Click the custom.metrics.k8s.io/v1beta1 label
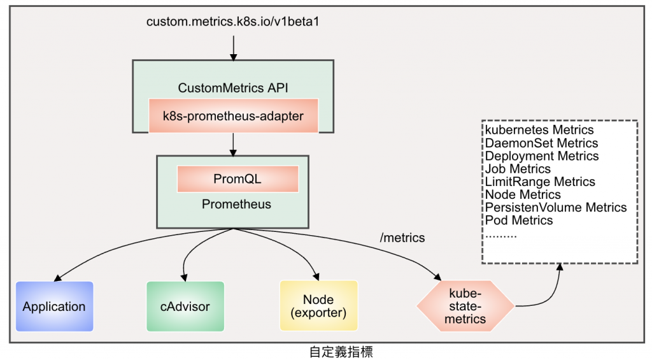coord(232,22)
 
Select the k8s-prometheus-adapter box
coord(232,116)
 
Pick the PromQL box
coord(237,179)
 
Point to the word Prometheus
coord(236,205)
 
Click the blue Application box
coord(54,306)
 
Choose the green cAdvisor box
coord(185,306)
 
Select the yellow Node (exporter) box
coord(318,306)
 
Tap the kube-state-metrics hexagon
coord(465,306)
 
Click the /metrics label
coord(402,238)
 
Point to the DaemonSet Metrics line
coord(541,143)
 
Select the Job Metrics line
coord(518,169)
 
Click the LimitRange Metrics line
coord(540,182)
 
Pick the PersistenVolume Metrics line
coord(556,207)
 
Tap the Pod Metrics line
coord(519,220)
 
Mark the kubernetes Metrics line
coord(539,131)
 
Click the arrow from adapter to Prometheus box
coord(233,144)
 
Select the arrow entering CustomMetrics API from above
coord(233,48)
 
